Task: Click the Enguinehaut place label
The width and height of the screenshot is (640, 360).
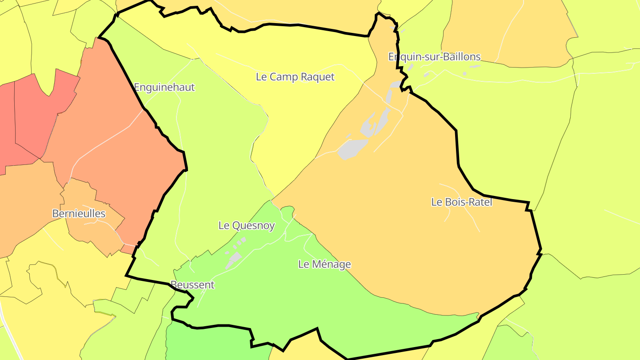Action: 164,87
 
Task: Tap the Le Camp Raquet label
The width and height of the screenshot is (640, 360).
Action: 295,77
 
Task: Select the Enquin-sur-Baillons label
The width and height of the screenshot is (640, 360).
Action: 434,57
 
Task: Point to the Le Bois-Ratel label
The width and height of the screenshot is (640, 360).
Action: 462,202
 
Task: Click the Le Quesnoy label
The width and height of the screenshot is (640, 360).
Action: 247,225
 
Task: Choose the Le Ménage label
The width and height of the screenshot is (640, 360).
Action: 324,264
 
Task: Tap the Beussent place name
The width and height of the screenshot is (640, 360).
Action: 192,285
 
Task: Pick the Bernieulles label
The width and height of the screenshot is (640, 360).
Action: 79,214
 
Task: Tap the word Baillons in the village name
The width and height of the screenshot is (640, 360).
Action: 463,57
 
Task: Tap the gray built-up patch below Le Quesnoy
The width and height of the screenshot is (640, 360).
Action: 233,259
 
